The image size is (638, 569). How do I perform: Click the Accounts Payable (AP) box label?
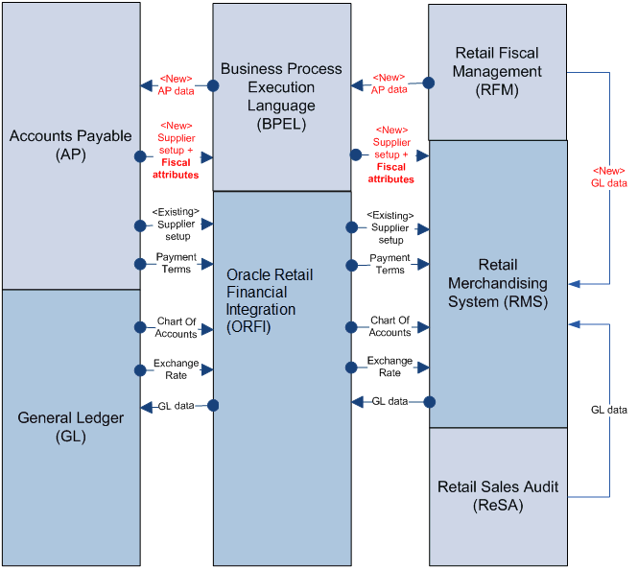coord(70,144)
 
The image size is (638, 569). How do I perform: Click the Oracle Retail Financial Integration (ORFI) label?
coord(270,301)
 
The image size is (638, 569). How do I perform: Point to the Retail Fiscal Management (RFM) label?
coord(498,70)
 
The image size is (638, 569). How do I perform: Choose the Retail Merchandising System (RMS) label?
coord(498,283)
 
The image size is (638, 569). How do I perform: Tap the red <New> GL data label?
coord(608,177)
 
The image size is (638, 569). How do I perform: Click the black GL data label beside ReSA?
coord(608,410)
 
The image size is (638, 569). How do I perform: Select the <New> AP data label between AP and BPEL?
coord(176,84)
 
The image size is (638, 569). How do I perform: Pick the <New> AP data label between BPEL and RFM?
coord(390,83)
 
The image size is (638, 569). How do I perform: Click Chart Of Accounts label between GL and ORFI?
coord(176,327)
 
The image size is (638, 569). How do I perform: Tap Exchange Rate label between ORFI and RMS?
coord(390,367)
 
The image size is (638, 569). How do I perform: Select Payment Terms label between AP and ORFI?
coord(176,264)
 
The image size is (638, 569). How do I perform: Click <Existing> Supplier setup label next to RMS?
coord(390,227)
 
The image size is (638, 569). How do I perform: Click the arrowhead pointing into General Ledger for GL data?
coord(147,407)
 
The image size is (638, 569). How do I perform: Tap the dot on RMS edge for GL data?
coord(429,401)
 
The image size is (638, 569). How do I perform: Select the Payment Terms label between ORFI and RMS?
coord(390,264)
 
